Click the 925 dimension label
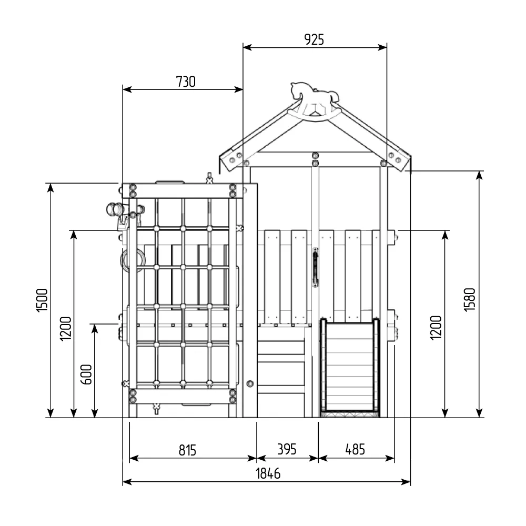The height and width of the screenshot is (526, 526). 314,39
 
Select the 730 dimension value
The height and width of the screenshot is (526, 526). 186,82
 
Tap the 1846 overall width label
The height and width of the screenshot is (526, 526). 268,474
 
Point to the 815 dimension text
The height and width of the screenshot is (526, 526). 187,450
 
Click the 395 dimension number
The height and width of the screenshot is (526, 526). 287,449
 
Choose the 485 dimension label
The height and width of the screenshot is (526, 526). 355,449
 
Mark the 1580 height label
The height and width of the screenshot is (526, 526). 469,300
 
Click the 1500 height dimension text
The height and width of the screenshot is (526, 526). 42,300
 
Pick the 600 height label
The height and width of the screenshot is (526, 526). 87,374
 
